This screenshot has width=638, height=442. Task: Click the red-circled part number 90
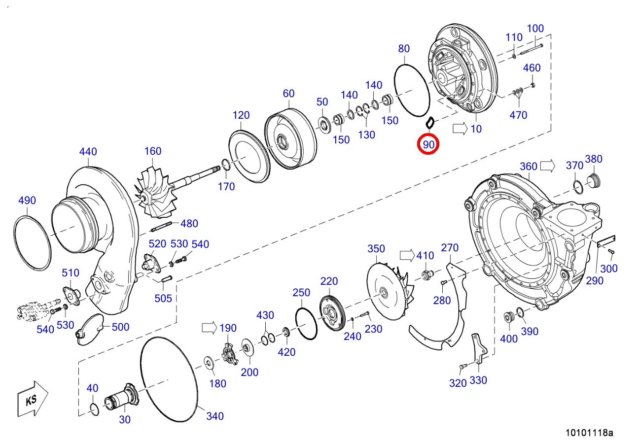tap(428, 144)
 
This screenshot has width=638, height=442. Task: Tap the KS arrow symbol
tap(33, 399)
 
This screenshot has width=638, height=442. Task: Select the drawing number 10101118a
tap(589, 433)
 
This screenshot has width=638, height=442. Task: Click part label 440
tap(88, 151)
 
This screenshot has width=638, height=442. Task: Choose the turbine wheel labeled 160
tap(155, 194)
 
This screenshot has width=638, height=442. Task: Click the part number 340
tap(215, 416)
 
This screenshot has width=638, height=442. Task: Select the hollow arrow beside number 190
tap(210, 328)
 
